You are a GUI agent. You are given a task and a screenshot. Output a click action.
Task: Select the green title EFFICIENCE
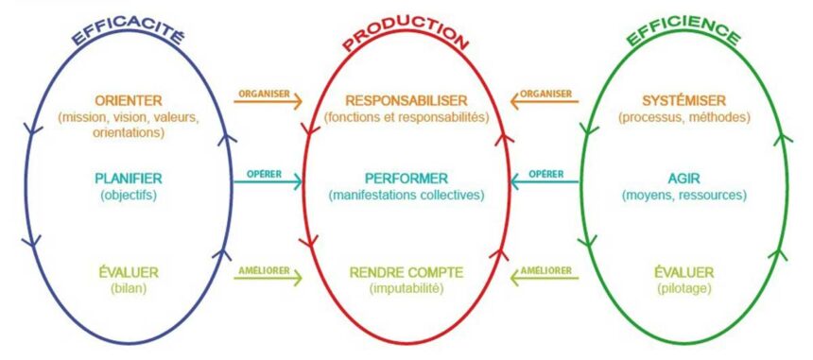coord(683,34)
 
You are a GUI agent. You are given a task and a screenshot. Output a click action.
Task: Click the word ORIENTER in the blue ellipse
coord(129,100)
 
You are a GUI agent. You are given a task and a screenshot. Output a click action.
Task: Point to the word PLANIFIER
coord(129,178)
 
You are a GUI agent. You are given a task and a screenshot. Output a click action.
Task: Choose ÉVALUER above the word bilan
coord(129,272)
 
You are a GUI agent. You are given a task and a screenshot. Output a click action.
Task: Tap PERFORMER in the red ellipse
coord(406,178)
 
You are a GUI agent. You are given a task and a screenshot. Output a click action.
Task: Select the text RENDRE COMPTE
coord(406,272)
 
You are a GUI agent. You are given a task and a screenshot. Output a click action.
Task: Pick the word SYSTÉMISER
coord(683,100)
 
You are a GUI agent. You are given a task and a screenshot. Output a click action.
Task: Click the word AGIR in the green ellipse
coord(683,178)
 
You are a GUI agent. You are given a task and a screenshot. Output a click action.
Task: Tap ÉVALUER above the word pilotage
coord(683,272)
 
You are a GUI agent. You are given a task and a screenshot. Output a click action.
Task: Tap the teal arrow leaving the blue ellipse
coord(268,180)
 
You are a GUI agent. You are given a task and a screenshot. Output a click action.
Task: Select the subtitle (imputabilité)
coord(406,287)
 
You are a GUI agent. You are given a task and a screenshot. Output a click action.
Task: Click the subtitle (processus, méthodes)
coord(683,117)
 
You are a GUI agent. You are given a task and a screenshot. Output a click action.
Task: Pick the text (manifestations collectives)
coord(406,195)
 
